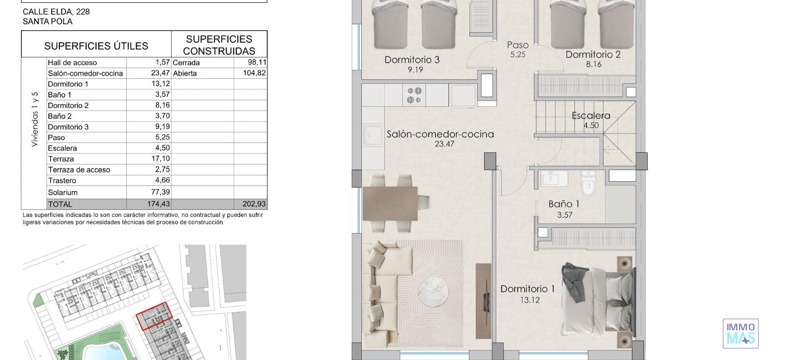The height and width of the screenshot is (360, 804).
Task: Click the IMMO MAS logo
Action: point(740,334)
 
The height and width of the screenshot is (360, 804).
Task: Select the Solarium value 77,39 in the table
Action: point(160,192)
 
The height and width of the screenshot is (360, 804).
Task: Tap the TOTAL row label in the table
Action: point(60,204)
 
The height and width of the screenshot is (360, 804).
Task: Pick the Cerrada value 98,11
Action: point(257,62)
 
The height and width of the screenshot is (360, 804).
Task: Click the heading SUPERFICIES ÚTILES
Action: point(96,46)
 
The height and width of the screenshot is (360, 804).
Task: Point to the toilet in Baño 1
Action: point(588,184)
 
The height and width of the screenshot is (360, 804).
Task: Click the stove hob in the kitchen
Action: point(414,95)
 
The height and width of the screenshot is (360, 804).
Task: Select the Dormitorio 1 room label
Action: point(527,289)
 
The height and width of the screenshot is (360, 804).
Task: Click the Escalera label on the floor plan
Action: point(591,116)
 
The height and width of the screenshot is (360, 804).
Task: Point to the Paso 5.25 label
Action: point(518,49)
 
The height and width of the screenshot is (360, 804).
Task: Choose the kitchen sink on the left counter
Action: point(373,135)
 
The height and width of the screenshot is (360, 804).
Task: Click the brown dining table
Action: point(390,203)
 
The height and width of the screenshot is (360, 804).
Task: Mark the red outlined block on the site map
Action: point(154,316)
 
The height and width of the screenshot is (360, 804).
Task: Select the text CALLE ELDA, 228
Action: point(56,12)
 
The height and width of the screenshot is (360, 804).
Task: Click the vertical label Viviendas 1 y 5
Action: point(35,119)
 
